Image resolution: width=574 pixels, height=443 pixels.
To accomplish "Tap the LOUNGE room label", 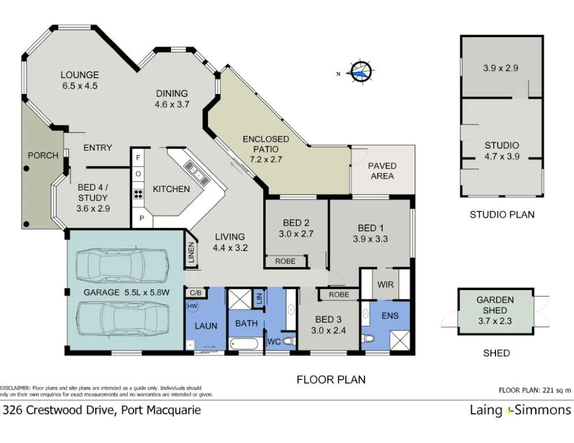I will (x=80, y=74).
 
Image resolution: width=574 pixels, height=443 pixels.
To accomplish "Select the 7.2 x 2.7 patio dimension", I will (x=266, y=159).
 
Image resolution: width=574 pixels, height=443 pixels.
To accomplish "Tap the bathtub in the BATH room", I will (x=245, y=344).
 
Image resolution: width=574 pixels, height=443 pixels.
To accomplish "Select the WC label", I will (x=273, y=341).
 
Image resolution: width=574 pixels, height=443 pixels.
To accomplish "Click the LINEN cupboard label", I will (x=192, y=252).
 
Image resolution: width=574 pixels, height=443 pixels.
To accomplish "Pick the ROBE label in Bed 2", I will (x=285, y=261).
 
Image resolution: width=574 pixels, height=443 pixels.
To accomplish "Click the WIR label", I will (x=385, y=284).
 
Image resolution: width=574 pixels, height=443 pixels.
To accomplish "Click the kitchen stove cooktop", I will (x=139, y=193).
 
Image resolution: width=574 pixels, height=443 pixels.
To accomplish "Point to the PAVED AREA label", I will (x=382, y=171).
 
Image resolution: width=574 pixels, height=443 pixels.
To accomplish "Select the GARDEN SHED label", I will (x=495, y=304).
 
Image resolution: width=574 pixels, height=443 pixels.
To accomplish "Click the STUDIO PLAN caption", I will (x=501, y=215).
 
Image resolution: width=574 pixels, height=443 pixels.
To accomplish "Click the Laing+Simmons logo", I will (x=520, y=411).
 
